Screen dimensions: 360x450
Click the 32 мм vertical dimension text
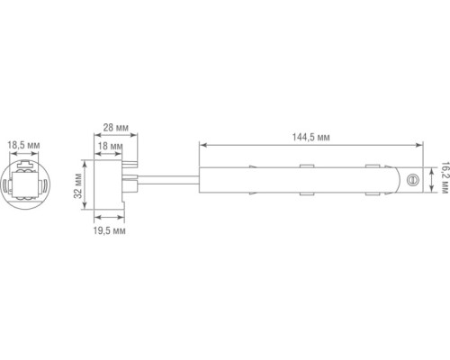79,186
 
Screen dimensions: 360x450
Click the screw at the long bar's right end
414,180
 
